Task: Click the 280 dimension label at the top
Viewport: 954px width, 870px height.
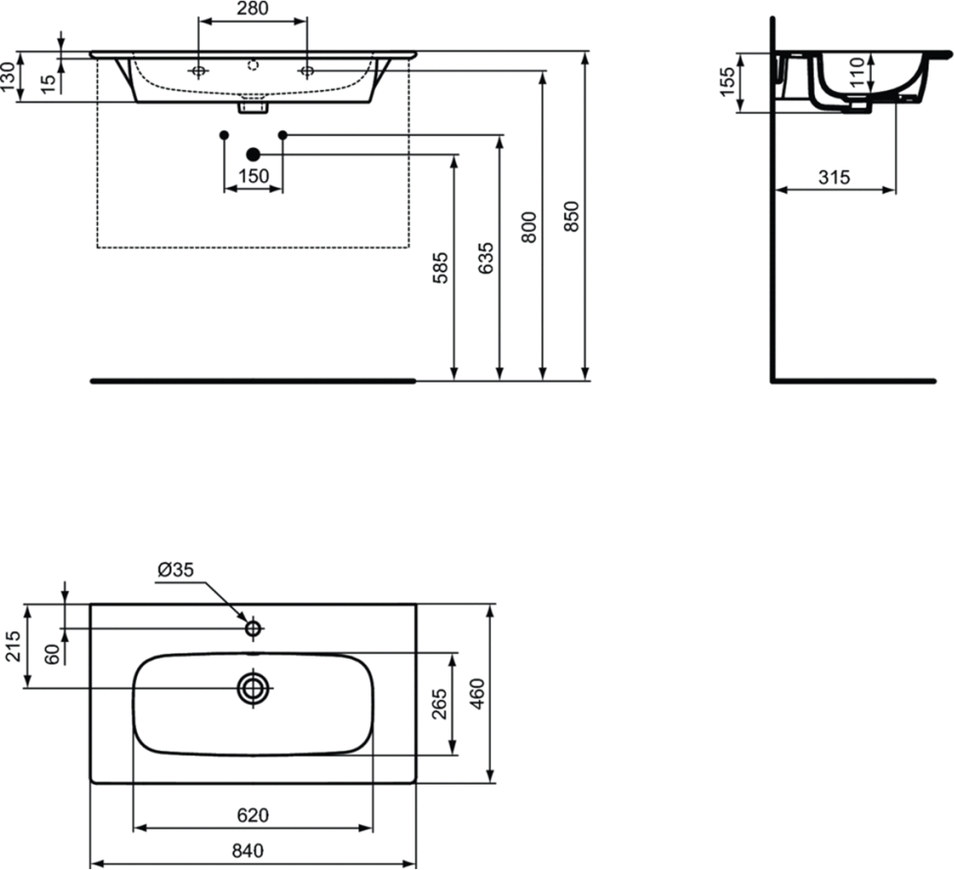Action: pos(253,9)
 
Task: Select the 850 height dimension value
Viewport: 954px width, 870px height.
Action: pos(572,216)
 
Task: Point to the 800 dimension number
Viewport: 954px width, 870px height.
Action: pos(529,227)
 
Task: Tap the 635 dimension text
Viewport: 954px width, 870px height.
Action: pos(486,257)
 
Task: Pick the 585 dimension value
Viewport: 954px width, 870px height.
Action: pos(440,267)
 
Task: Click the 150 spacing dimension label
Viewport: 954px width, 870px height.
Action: pos(253,176)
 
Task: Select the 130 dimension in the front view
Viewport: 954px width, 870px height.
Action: pos(8,76)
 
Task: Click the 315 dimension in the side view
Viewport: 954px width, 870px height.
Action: pos(834,177)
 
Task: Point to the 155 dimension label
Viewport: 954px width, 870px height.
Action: pos(727,81)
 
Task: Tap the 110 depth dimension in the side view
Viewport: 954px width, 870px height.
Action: pos(857,71)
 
